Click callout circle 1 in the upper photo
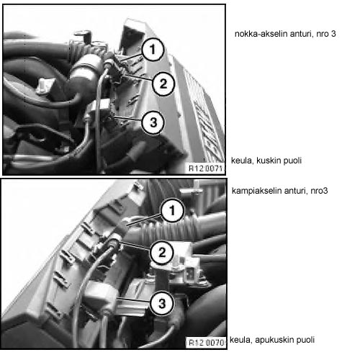pyautogui.click(x=153, y=50)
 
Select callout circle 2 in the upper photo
pyautogui.click(x=163, y=84)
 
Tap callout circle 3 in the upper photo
pyautogui.click(x=153, y=122)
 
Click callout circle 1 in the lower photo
pyautogui.click(x=172, y=210)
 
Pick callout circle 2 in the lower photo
pyautogui.click(x=162, y=253)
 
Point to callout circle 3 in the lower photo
pyautogui.click(x=162, y=303)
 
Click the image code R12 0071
pyautogui.click(x=206, y=168)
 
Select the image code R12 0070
pyautogui.click(x=207, y=343)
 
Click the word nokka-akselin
pyautogui.click(x=261, y=34)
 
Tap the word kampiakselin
pyautogui.click(x=256, y=191)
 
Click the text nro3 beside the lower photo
pyautogui.click(x=319, y=191)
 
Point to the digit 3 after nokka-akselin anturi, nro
pyautogui.click(x=333, y=34)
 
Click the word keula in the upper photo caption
pyautogui.click(x=242, y=161)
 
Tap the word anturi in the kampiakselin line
pyautogui.click(x=296, y=191)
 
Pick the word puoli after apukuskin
pyautogui.click(x=305, y=340)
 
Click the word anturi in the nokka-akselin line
pyautogui.click(x=302, y=34)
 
